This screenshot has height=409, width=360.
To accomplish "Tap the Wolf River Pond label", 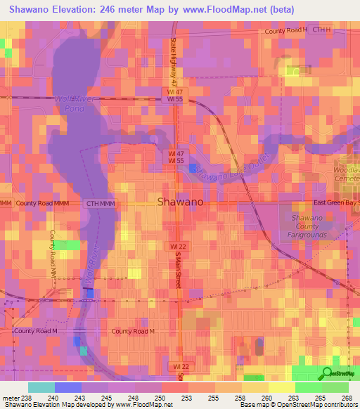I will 70,104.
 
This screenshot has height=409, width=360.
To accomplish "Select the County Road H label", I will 286,31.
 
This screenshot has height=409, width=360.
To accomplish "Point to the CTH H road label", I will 321,30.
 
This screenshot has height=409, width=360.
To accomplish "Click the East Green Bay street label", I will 336,202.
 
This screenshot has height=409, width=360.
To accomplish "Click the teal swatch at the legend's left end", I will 41,387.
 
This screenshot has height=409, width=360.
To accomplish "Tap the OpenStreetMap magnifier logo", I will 327,373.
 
